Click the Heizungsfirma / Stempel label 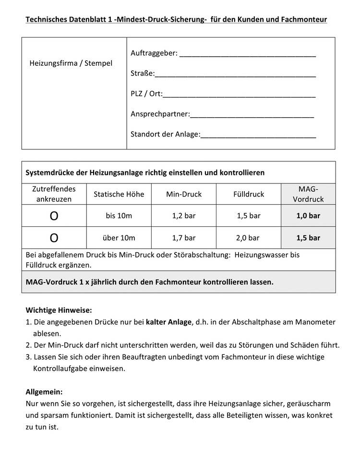71,63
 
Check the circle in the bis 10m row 54,216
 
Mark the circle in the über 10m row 54,238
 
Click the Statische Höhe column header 119,194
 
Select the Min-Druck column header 184,194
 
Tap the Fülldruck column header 249,194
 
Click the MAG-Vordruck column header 308,194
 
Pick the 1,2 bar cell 184,216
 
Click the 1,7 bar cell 184,238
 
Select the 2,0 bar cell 248,238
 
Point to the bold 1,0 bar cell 308,216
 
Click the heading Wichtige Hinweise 59,310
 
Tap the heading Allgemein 44,391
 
